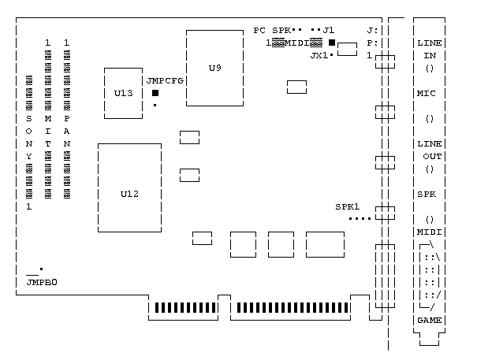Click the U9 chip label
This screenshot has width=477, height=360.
tap(214, 68)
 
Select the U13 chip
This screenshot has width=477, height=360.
tap(124, 93)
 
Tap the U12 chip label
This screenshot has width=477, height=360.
tap(129, 194)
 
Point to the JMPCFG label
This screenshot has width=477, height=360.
tap(166, 80)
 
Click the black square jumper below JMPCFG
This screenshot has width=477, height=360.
tap(155, 93)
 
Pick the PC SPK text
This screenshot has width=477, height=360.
tap(272, 30)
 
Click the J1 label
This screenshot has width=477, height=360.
tap(328, 30)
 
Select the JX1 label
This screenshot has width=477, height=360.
tap(319, 55)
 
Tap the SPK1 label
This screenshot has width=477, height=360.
tap(347, 206)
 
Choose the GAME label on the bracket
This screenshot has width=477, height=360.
tap(429, 320)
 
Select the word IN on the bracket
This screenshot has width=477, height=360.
tap(429, 55)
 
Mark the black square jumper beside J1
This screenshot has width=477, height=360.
tap(332, 43)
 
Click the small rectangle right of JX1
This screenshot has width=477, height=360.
tap(347, 51)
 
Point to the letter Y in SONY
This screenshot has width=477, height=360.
tap(29, 156)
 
